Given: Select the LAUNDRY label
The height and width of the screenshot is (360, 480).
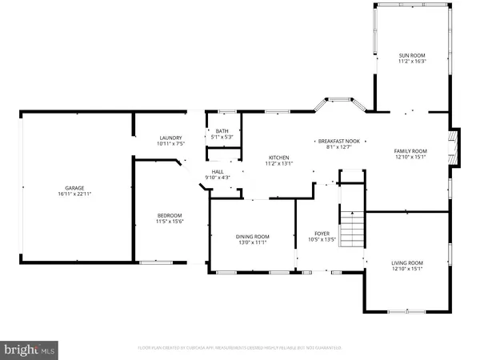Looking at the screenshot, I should pyautogui.click(x=170, y=138).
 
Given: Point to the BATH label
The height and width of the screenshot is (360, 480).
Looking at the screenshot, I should pyautogui.click(x=221, y=131).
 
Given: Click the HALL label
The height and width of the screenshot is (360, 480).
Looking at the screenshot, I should pyautogui.click(x=218, y=171).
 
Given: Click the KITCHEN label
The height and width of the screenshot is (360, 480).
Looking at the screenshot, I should pyautogui.click(x=279, y=157).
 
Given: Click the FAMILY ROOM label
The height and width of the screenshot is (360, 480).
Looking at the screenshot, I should pyautogui.click(x=410, y=150).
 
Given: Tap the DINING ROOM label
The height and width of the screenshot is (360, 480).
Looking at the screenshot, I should pyautogui.click(x=252, y=236).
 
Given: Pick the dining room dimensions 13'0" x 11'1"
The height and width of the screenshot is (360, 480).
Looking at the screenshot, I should pyautogui.click(x=252, y=242).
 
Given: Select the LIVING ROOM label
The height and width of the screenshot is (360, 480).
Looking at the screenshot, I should pyautogui.click(x=406, y=262).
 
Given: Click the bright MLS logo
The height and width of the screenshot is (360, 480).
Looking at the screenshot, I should pyautogui.click(x=30, y=349).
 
